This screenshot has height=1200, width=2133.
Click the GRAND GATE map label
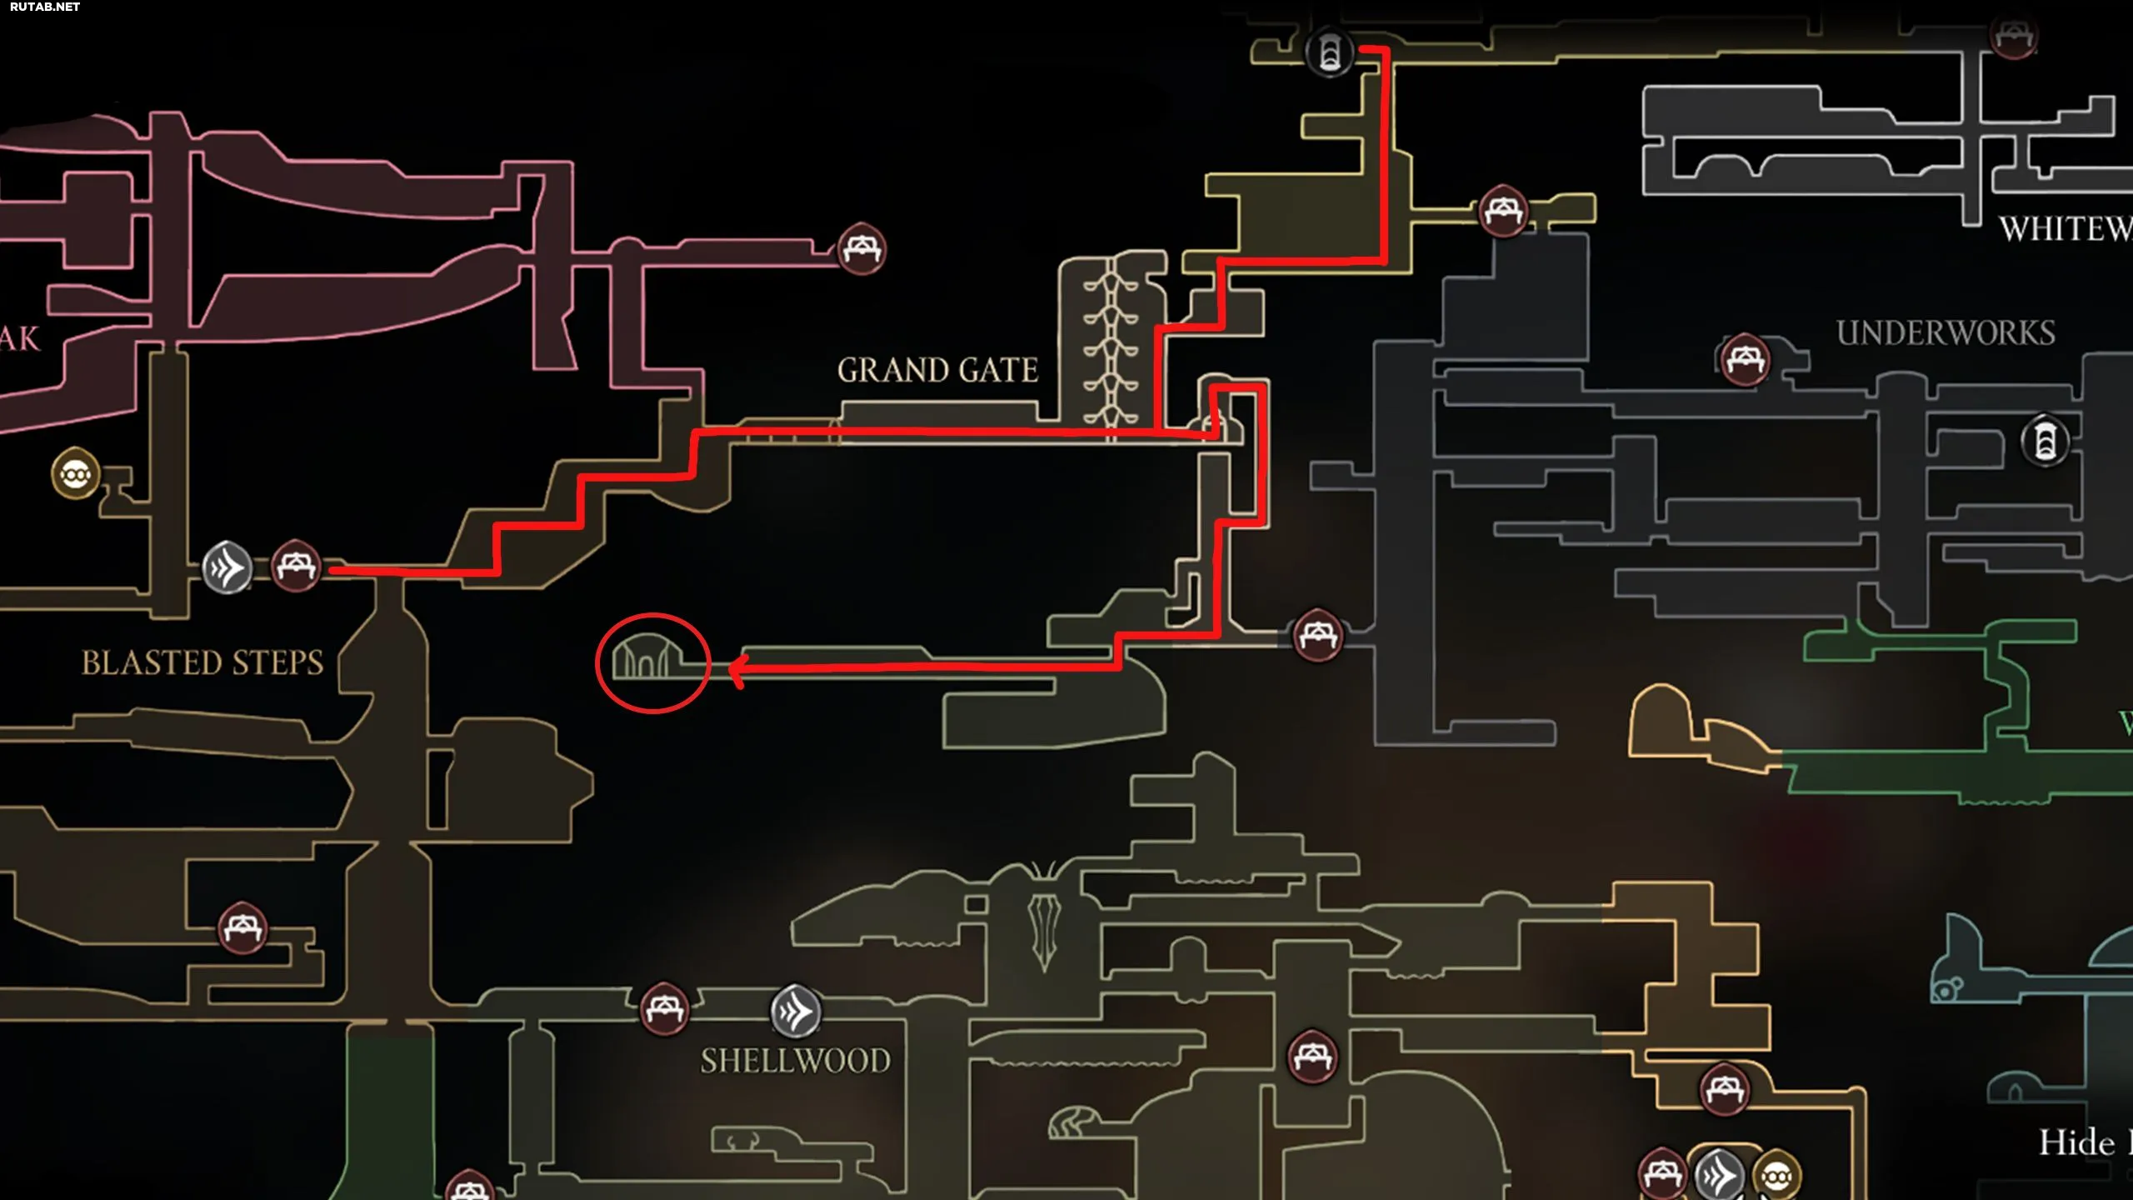937,370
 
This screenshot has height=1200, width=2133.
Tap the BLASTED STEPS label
202,662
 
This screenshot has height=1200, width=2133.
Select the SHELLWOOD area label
795,1061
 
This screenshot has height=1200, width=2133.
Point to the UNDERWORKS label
1946,332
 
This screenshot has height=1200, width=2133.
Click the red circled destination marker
652,662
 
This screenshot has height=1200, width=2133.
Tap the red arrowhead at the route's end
737,669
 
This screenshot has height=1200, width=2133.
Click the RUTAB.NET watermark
45,7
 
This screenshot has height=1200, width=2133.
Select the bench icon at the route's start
296,567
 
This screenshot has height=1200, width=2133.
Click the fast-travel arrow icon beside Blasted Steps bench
227,568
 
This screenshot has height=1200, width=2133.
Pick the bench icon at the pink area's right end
862,248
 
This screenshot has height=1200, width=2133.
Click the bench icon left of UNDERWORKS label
1745,360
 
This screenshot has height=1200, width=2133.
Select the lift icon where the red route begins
1330,52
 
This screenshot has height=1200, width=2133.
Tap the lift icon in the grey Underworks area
2045,439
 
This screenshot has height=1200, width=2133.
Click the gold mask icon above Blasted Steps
76,474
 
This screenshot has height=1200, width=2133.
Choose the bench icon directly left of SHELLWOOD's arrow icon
664,1009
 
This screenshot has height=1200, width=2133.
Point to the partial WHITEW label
2066,228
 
